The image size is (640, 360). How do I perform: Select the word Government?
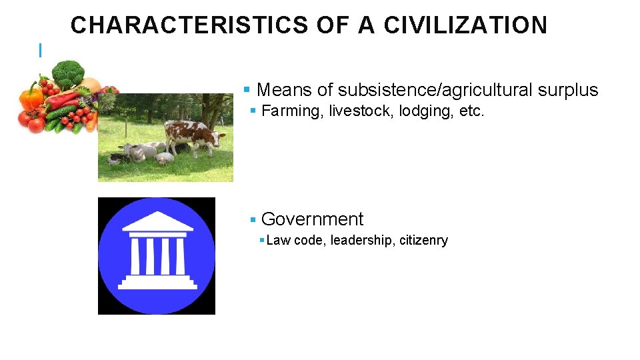(312, 219)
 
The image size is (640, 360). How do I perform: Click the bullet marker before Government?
(253, 220)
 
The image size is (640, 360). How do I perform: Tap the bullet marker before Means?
(247, 90)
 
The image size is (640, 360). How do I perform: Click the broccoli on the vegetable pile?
(67, 73)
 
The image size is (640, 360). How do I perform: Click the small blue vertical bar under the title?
(41, 49)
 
